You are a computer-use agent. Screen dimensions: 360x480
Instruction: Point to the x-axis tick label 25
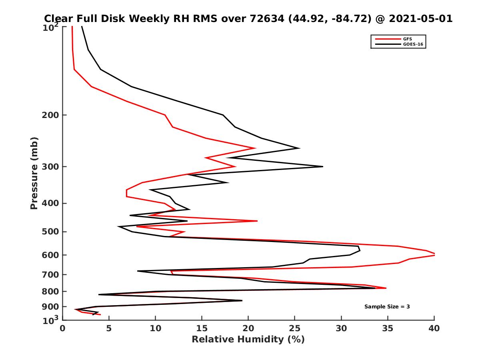point(295,328)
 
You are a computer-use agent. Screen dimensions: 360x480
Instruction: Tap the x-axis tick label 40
point(434,328)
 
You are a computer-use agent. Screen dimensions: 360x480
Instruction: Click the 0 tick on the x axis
point(62,328)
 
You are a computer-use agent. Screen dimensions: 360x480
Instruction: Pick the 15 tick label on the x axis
point(202,328)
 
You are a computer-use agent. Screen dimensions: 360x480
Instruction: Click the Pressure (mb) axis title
point(34,173)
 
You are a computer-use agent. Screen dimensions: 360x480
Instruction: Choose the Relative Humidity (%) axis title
point(248,340)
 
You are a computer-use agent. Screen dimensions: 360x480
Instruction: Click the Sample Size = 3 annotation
point(387,306)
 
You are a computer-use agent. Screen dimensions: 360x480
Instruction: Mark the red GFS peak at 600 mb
point(434,254)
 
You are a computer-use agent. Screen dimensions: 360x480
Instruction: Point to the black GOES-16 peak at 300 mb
point(322,166)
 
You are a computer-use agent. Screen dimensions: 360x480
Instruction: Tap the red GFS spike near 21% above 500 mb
point(257,221)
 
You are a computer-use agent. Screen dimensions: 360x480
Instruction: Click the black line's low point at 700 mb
point(138,271)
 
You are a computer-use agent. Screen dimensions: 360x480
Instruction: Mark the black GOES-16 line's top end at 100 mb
point(82,27)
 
